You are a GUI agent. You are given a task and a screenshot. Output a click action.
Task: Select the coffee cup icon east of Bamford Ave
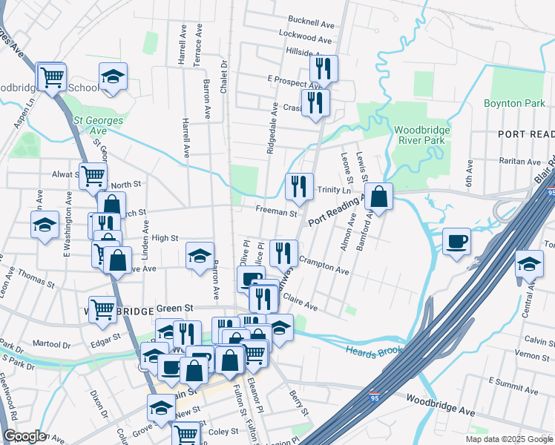[x=457, y=241]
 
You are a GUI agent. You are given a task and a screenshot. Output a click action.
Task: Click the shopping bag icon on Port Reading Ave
[x=378, y=197]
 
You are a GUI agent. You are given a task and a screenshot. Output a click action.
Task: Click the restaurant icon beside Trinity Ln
[x=299, y=187]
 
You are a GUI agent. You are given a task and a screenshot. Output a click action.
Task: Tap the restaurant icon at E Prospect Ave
[x=324, y=69]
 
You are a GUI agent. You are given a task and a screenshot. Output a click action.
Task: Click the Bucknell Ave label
[x=311, y=22]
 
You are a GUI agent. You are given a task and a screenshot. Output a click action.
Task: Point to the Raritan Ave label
[x=516, y=161]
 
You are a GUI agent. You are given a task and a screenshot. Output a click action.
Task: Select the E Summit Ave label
[x=511, y=380]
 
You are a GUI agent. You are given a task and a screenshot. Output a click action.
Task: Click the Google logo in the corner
[x=24, y=436]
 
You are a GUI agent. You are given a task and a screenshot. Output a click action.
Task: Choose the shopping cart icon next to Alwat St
[x=93, y=177]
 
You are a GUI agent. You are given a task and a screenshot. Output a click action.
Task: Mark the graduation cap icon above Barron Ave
[x=200, y=256]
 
